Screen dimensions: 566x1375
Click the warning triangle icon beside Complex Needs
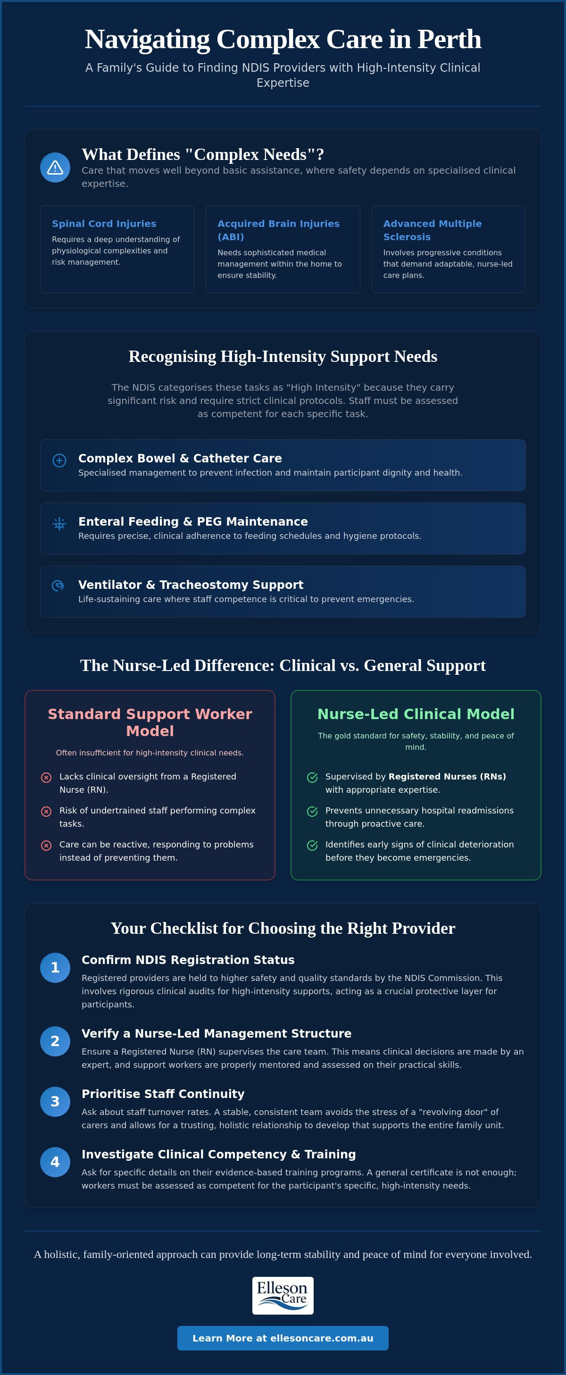(x=55, y=168)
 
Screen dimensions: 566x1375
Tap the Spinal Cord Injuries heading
(x=104, y=224)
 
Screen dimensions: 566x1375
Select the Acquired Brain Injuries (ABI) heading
(x=278, y=230)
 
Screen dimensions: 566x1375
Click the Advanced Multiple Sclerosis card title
(x=433, y=230)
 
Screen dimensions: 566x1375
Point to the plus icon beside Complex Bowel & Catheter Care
(x=59, y=460)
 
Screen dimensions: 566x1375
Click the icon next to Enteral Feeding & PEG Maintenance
(x=59, y=524)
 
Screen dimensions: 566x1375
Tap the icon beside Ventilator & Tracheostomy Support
(x=58, y=586)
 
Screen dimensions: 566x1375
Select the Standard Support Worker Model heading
(x=150, y=722)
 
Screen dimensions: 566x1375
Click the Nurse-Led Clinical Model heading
(x=416, y=714)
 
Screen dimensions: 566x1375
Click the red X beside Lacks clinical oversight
(x=46, y=778)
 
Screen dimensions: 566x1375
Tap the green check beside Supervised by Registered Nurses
(x=313, y=778)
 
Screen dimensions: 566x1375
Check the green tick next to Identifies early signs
(x=313, y=846)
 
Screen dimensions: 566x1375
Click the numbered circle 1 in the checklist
(x=55, y=968)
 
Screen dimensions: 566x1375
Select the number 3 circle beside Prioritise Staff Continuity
(x=55, y=1102)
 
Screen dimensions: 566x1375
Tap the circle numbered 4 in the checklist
(x=55, y=1162)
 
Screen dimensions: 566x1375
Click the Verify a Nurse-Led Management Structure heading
(x=216, y=1033)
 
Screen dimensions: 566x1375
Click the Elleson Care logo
(x=283, y=1295)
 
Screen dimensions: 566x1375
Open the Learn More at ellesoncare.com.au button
(x=283, y=1338)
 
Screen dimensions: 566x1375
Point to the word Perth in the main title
(x=449, y=39)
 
